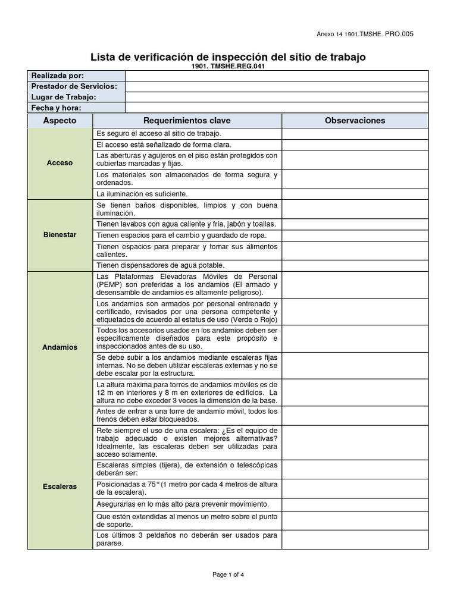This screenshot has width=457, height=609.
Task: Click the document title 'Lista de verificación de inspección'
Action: [228, 57]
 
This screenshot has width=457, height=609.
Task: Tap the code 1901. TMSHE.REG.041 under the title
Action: [228, 66]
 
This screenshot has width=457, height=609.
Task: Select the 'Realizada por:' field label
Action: [58, 76]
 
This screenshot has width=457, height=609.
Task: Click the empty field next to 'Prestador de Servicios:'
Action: [276, 86]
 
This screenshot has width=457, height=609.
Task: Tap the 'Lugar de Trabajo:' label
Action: [64, 97]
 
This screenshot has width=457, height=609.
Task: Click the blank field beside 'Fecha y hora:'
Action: [276, 108]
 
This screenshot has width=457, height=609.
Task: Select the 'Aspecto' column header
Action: [60, 120]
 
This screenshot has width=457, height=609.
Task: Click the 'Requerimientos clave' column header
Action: [187, 120]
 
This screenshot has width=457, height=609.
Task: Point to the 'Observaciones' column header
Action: [355, 120]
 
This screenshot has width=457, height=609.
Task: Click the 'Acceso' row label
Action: [60, 163]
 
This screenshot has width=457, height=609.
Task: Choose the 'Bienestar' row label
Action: [60, 235]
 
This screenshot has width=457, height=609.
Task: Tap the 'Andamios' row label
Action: [60, 347]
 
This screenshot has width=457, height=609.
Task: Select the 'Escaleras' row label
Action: [60, 486]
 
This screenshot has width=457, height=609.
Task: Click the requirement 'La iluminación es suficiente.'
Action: [142, 194]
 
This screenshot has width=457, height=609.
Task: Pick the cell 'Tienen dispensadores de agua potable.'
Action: [161, 265]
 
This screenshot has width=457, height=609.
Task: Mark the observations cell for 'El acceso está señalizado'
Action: [355, 145]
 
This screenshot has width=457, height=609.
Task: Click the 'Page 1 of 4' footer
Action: [228, 575]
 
